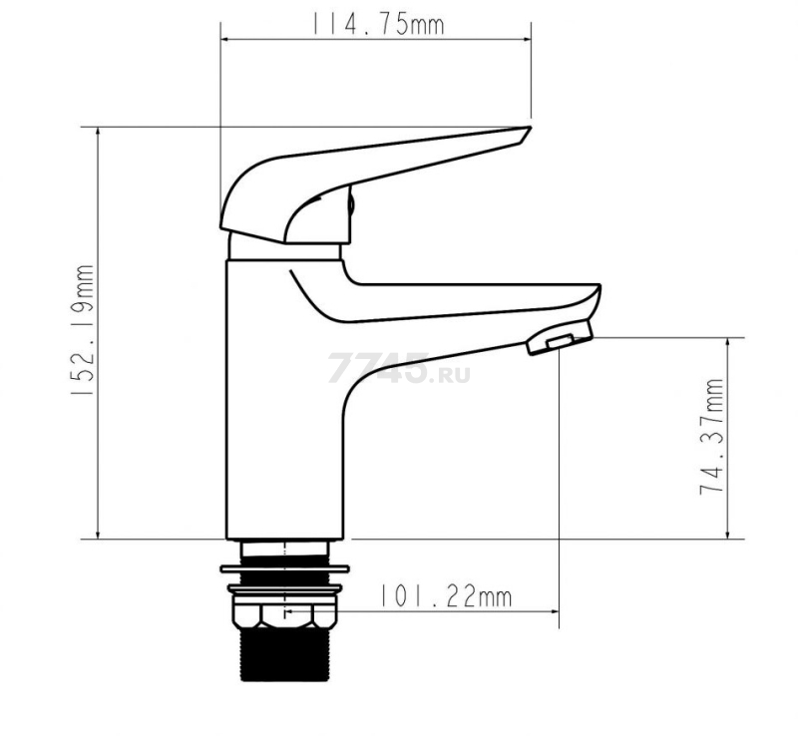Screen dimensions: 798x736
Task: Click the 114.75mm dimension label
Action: click(x=377, y=24)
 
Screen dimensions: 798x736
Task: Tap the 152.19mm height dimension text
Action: click(x=82, y=330)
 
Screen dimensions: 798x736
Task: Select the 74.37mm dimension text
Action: click(x=711, y=436)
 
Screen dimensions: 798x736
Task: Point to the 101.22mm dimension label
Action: click(x=445, y=596)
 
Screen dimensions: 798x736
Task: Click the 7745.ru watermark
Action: click(x=398, y=368)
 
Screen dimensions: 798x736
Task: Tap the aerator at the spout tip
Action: click(x=560, y=336)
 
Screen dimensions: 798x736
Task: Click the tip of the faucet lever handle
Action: click(x=530, y=128)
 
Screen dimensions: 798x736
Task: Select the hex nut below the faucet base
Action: click(x=285, y=615)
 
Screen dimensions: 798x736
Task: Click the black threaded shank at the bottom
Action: click(x=285, y=654)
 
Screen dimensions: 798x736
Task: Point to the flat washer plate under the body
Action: click(x=284, y=568)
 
